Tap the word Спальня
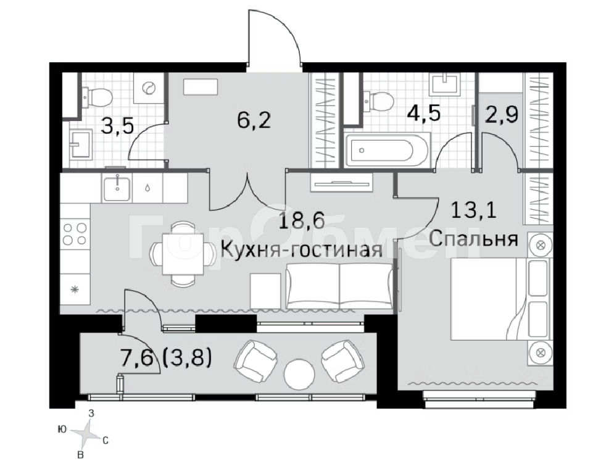(473, 239)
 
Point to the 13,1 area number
(473, 210)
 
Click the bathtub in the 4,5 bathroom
(386, 150)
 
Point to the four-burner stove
(75, 233)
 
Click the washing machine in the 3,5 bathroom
(148, 89)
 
